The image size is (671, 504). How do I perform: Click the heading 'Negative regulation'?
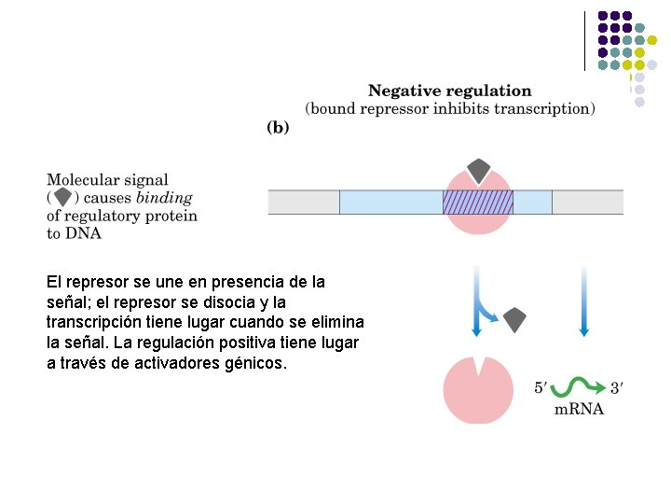450,91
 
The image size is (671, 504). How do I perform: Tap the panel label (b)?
278,128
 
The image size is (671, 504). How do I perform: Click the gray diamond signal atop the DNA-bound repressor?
478,171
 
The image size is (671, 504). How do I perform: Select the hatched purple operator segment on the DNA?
477,203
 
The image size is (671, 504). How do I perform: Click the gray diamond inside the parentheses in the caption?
62,198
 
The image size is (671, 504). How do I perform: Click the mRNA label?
579,409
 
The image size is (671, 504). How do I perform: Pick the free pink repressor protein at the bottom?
478,389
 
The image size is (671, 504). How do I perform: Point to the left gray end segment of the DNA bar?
303,203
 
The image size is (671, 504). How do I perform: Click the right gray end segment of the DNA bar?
587,203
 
